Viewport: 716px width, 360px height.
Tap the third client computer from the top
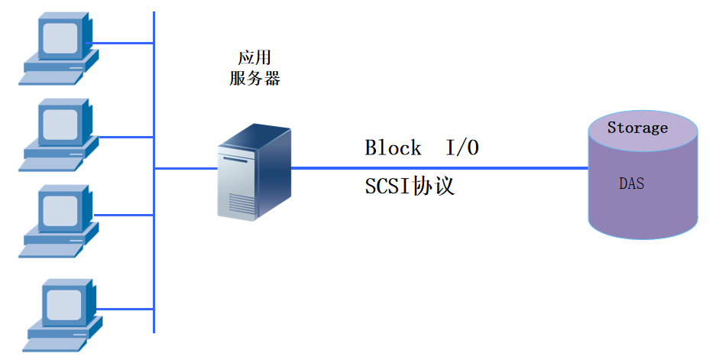57,218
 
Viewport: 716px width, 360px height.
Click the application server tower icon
253,174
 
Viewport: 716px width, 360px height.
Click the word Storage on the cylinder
637,128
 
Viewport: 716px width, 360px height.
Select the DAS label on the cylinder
631,184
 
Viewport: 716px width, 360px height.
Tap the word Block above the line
393,148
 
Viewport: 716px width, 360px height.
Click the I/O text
462,148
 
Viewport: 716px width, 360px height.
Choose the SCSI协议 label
410,186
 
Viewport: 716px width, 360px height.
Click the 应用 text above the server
254,59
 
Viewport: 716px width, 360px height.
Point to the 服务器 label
254,78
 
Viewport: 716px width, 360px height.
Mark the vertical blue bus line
154,252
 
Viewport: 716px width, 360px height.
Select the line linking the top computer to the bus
122,44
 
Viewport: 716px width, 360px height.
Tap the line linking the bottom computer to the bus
126,310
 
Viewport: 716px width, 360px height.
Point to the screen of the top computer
59,37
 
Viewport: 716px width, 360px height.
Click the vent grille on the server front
239,203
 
